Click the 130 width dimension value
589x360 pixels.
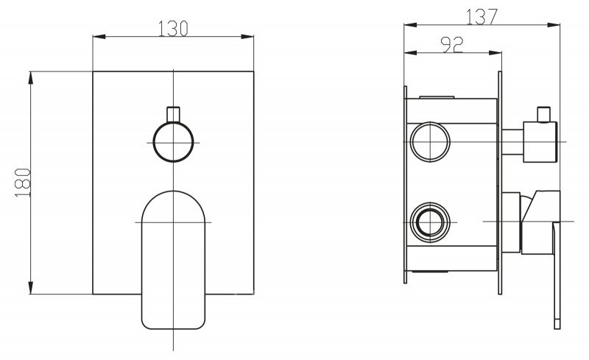pos(173,29)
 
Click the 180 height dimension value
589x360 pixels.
pos(23,183)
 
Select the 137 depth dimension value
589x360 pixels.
pos(482,16)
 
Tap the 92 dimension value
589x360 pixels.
pos(452,45)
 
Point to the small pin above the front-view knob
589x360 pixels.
pos(173,115)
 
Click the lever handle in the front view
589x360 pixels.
pos(173,259)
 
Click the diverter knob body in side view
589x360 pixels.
pos(540,142)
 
